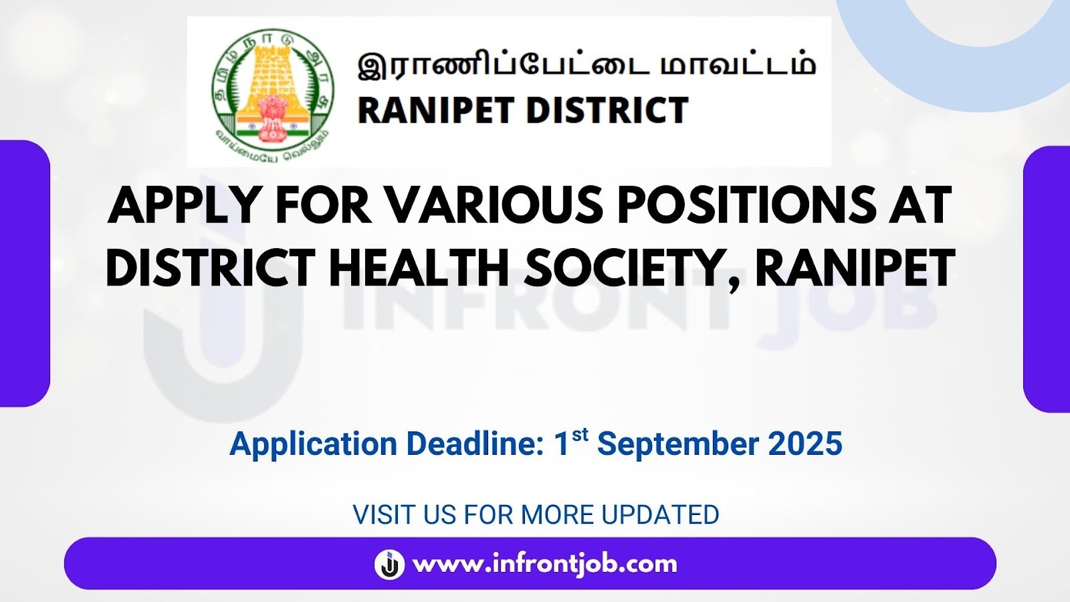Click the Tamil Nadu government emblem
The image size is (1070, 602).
coord(272,92)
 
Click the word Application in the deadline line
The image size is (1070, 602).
coord(314,445)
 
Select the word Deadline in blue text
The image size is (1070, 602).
coord(476,443)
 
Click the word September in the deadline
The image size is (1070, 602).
coord(678,445)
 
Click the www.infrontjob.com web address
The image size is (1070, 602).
coord(545,565)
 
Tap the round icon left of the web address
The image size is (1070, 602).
coord(389,565)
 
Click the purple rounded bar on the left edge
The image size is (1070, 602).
coord(24,274)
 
